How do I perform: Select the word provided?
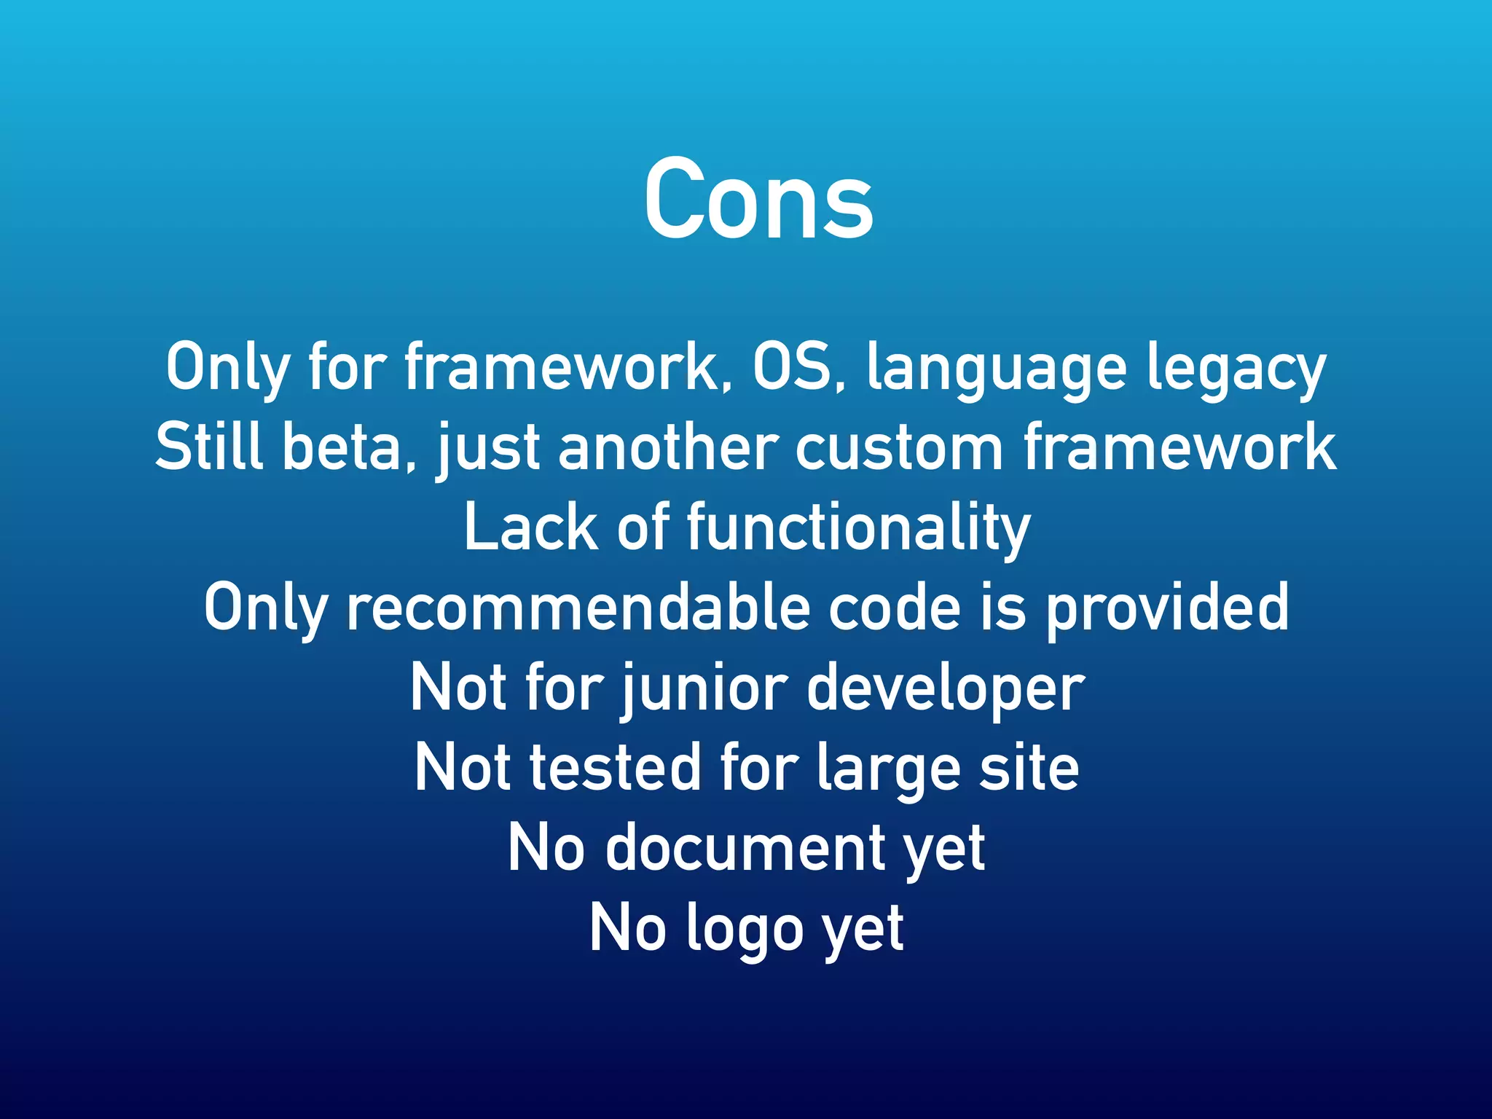click(1167, 610)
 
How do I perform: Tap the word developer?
click(946, 691)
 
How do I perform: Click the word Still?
click(209, 447)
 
